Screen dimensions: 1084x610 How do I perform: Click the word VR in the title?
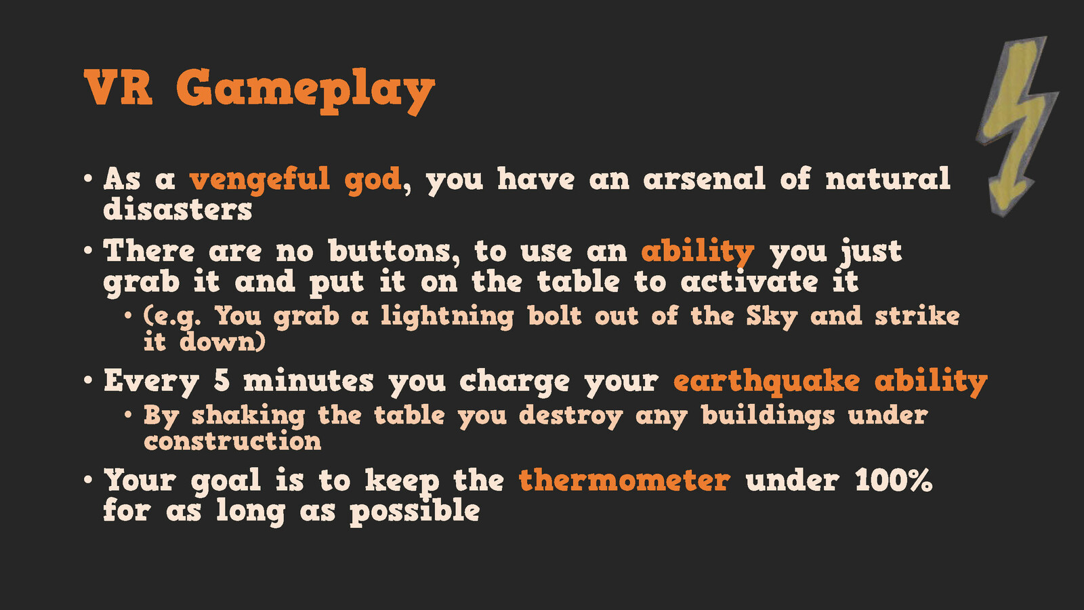pyautogui.click(x=118, y=87)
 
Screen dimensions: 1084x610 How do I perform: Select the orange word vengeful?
pyautogui.click(x=260, y=180)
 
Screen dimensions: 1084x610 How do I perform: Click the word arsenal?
pyautogui.click(x=704, y=178)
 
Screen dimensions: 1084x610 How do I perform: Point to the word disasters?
pyautogui.click(x=178, y=209)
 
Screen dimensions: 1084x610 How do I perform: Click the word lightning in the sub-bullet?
pyautogui.click(x=446, y=317)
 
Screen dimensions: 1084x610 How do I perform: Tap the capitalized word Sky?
pyautogui.click(x=772, y=317)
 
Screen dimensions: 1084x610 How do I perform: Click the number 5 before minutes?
pyautogui.click(x=221, y=380)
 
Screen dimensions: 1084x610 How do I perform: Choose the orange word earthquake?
pyautogui.click(x=766, y=382)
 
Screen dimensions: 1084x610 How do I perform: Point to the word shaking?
pyautogui.click(x=248, y=416)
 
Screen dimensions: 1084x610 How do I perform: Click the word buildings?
pyautogui.click(x=768, y=416)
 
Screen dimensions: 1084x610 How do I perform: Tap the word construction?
pyautogui.click(x=232, y=441)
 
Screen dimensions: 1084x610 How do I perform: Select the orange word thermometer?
pyautogui.click(x=624, y=481)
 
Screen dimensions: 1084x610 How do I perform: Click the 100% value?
pyautogui.click(x=894, y=481)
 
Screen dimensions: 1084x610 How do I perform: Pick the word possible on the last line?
pyautogui.click(x=415, y=512)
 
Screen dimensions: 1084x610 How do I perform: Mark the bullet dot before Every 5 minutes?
pyautogui.click(x=88, y=380)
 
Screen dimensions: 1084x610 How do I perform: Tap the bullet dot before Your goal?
pyautogui.click(x=88, y=480)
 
